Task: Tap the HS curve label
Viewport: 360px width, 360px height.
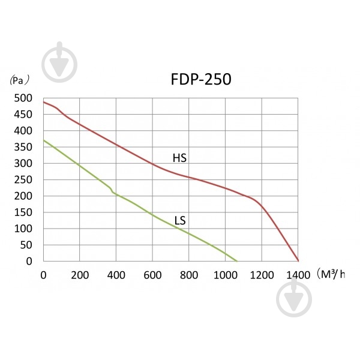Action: pos(179,158)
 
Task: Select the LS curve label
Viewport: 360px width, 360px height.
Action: pos(180,221)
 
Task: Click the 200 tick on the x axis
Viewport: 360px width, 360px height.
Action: pos(80,275)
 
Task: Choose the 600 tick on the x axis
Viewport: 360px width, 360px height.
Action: pos(152,275)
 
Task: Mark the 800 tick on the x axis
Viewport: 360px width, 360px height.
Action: pos(189,275)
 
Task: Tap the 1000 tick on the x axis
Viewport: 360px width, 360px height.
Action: pos(226,275)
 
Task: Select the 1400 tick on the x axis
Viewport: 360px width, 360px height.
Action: pos(298,275)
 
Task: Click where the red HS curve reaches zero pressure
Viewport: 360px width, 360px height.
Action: pos(298,261)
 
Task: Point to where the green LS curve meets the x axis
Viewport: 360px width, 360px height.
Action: pos(237,261)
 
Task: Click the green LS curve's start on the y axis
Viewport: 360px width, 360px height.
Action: pos(44,140)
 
